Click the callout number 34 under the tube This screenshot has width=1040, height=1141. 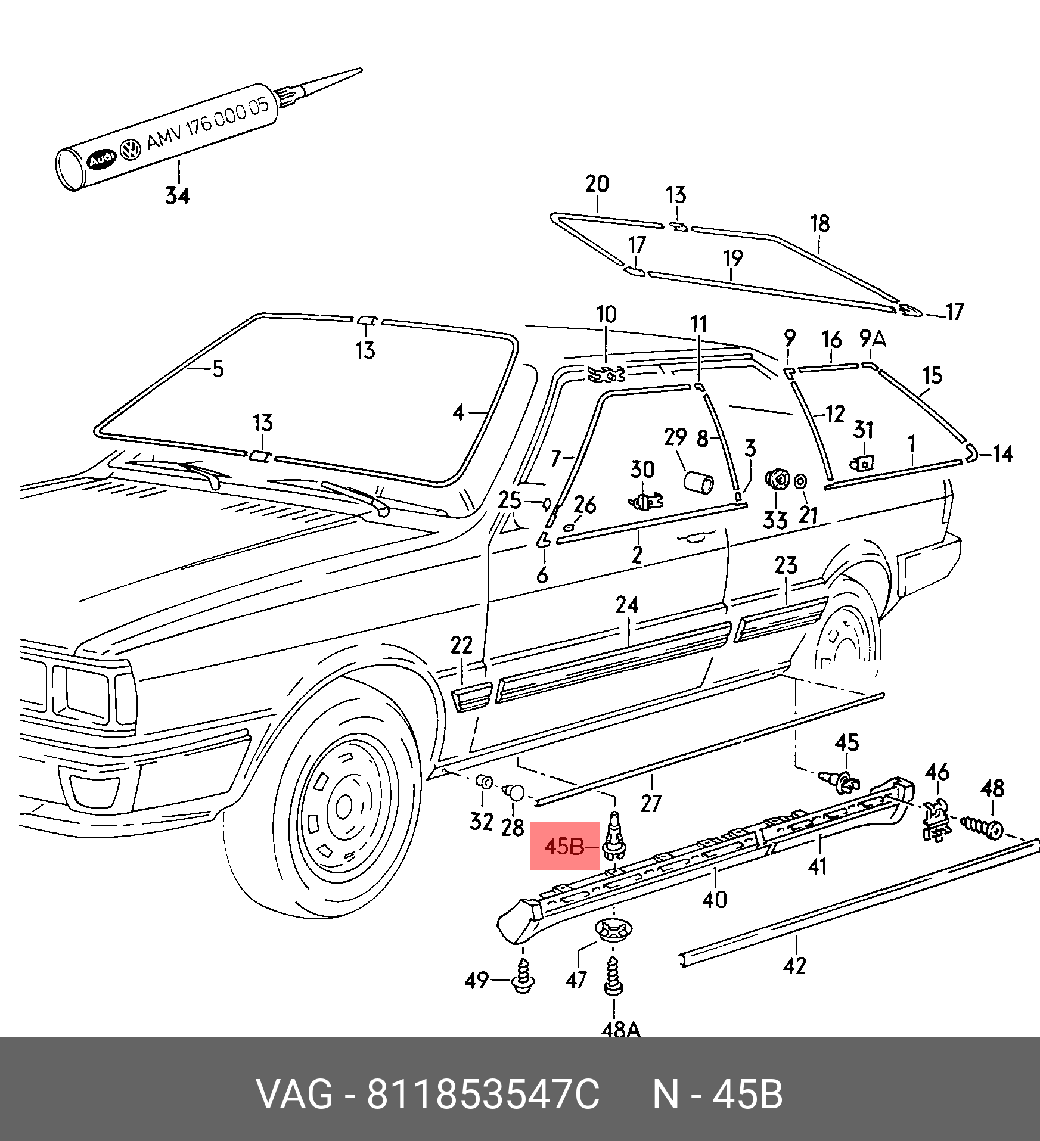177,195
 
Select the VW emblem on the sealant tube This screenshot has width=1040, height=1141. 130,149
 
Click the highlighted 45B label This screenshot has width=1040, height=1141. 564,846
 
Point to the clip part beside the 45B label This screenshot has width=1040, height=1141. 614,835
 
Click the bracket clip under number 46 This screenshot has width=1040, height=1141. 936,820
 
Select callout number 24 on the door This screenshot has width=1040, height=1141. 627,605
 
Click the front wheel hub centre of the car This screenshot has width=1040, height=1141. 344,807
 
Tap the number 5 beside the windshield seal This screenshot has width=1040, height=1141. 218,369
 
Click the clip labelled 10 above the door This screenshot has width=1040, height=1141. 606,374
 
